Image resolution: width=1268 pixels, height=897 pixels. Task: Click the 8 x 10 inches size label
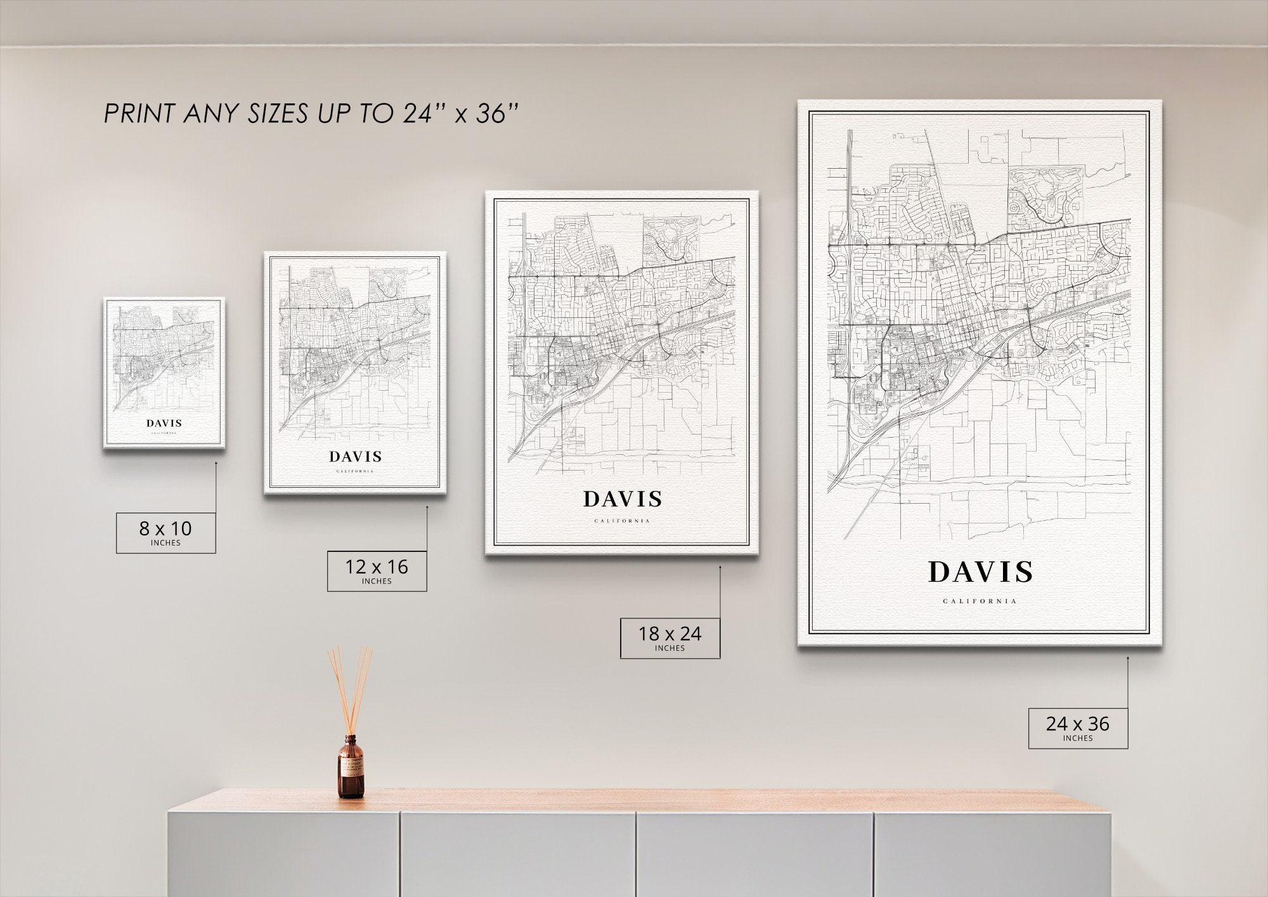coord(165,532)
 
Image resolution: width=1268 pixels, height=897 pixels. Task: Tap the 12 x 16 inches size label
coord(377,571)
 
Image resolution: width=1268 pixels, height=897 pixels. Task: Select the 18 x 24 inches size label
coord(670,638)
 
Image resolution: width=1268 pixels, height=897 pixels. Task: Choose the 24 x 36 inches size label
coord(1078,728)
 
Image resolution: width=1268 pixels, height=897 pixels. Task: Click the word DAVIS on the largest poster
coord(980,572)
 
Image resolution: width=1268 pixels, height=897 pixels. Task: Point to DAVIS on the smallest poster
coord(164,423)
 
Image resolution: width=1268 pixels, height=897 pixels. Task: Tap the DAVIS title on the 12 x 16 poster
coord(355,457)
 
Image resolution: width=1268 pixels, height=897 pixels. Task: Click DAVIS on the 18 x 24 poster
coord(623,500)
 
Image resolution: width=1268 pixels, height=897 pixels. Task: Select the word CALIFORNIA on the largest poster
coord(980,601)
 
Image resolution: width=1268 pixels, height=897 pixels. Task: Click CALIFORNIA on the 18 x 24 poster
coord(622,521)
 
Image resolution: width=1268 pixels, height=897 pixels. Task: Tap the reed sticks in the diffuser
coord(349,685)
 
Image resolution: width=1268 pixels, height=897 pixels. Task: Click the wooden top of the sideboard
coord(634,800)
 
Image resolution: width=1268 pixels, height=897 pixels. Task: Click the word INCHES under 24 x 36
coord(1078,738)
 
